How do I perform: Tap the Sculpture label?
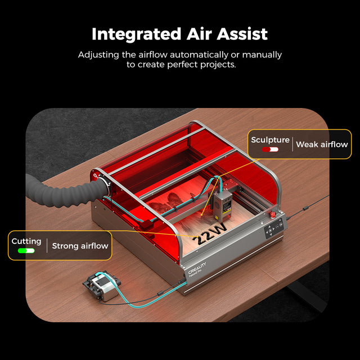tap(270, 140)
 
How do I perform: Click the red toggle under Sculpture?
tap(269, 150)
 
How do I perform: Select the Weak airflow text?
tap(322, 145)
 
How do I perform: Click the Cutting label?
tap(26, 241)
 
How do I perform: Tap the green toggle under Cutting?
tap(26, 251)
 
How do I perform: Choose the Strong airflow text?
tap(80, 246)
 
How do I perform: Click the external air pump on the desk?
tap(101, 286)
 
